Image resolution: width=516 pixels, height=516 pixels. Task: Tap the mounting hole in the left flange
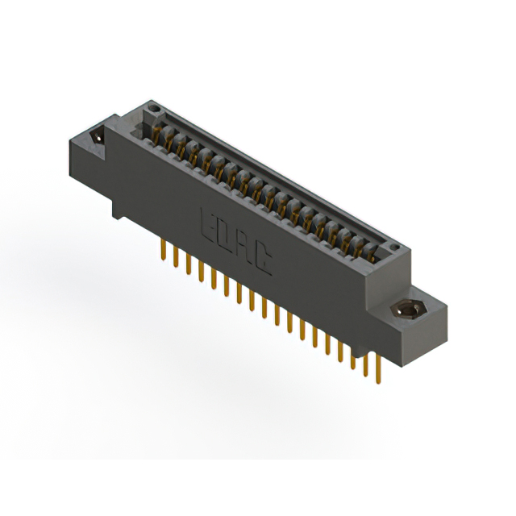98,136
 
